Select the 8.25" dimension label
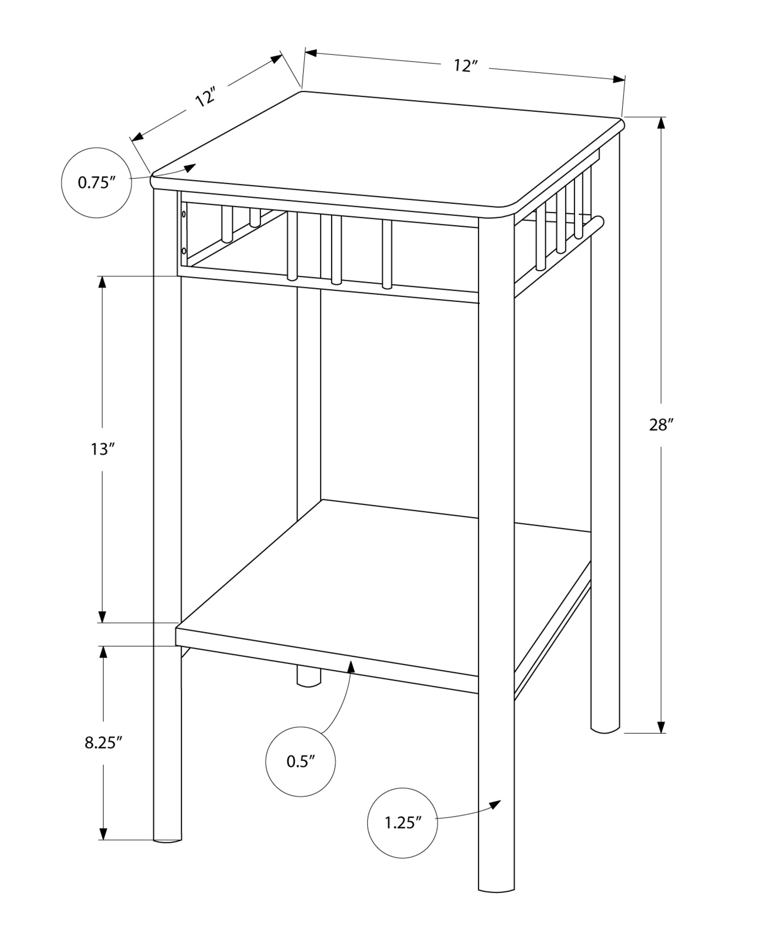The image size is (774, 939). pyautogui.click(x=103, y=756)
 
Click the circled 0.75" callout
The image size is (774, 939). pyautogui.click(x=96, y=183)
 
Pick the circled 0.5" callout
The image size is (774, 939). pyautogui.click(x=300, y=761)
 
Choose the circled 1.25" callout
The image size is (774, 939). pyautogui.click(x=402, y=823)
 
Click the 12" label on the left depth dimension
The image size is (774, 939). pyautogui.click(x=205, y=97)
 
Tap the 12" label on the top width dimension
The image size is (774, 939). pyautogui.click(x=465, y=66)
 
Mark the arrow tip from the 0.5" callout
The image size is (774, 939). pyautogui.click(x=351, y=662)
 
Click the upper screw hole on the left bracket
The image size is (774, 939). pyautogui.click(x=184, y=215)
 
